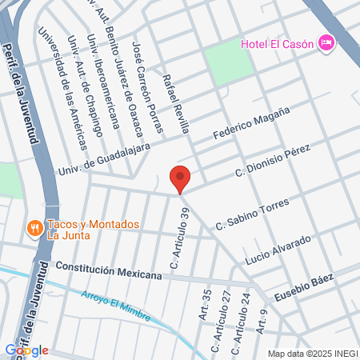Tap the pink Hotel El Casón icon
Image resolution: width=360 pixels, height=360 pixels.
point(326,42)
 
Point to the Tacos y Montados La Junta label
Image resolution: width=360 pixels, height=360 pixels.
point(94,230)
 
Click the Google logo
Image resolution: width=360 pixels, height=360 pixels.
point(26,350)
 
